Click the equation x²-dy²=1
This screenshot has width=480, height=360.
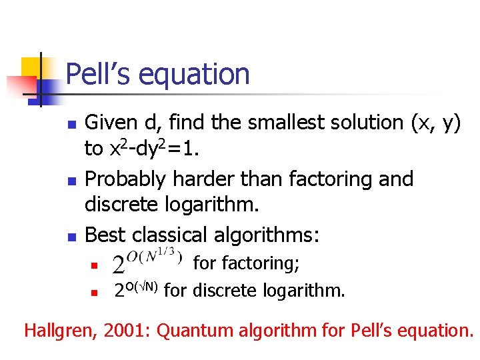click(151, 149)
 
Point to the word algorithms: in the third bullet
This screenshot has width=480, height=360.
click(271, 235)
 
